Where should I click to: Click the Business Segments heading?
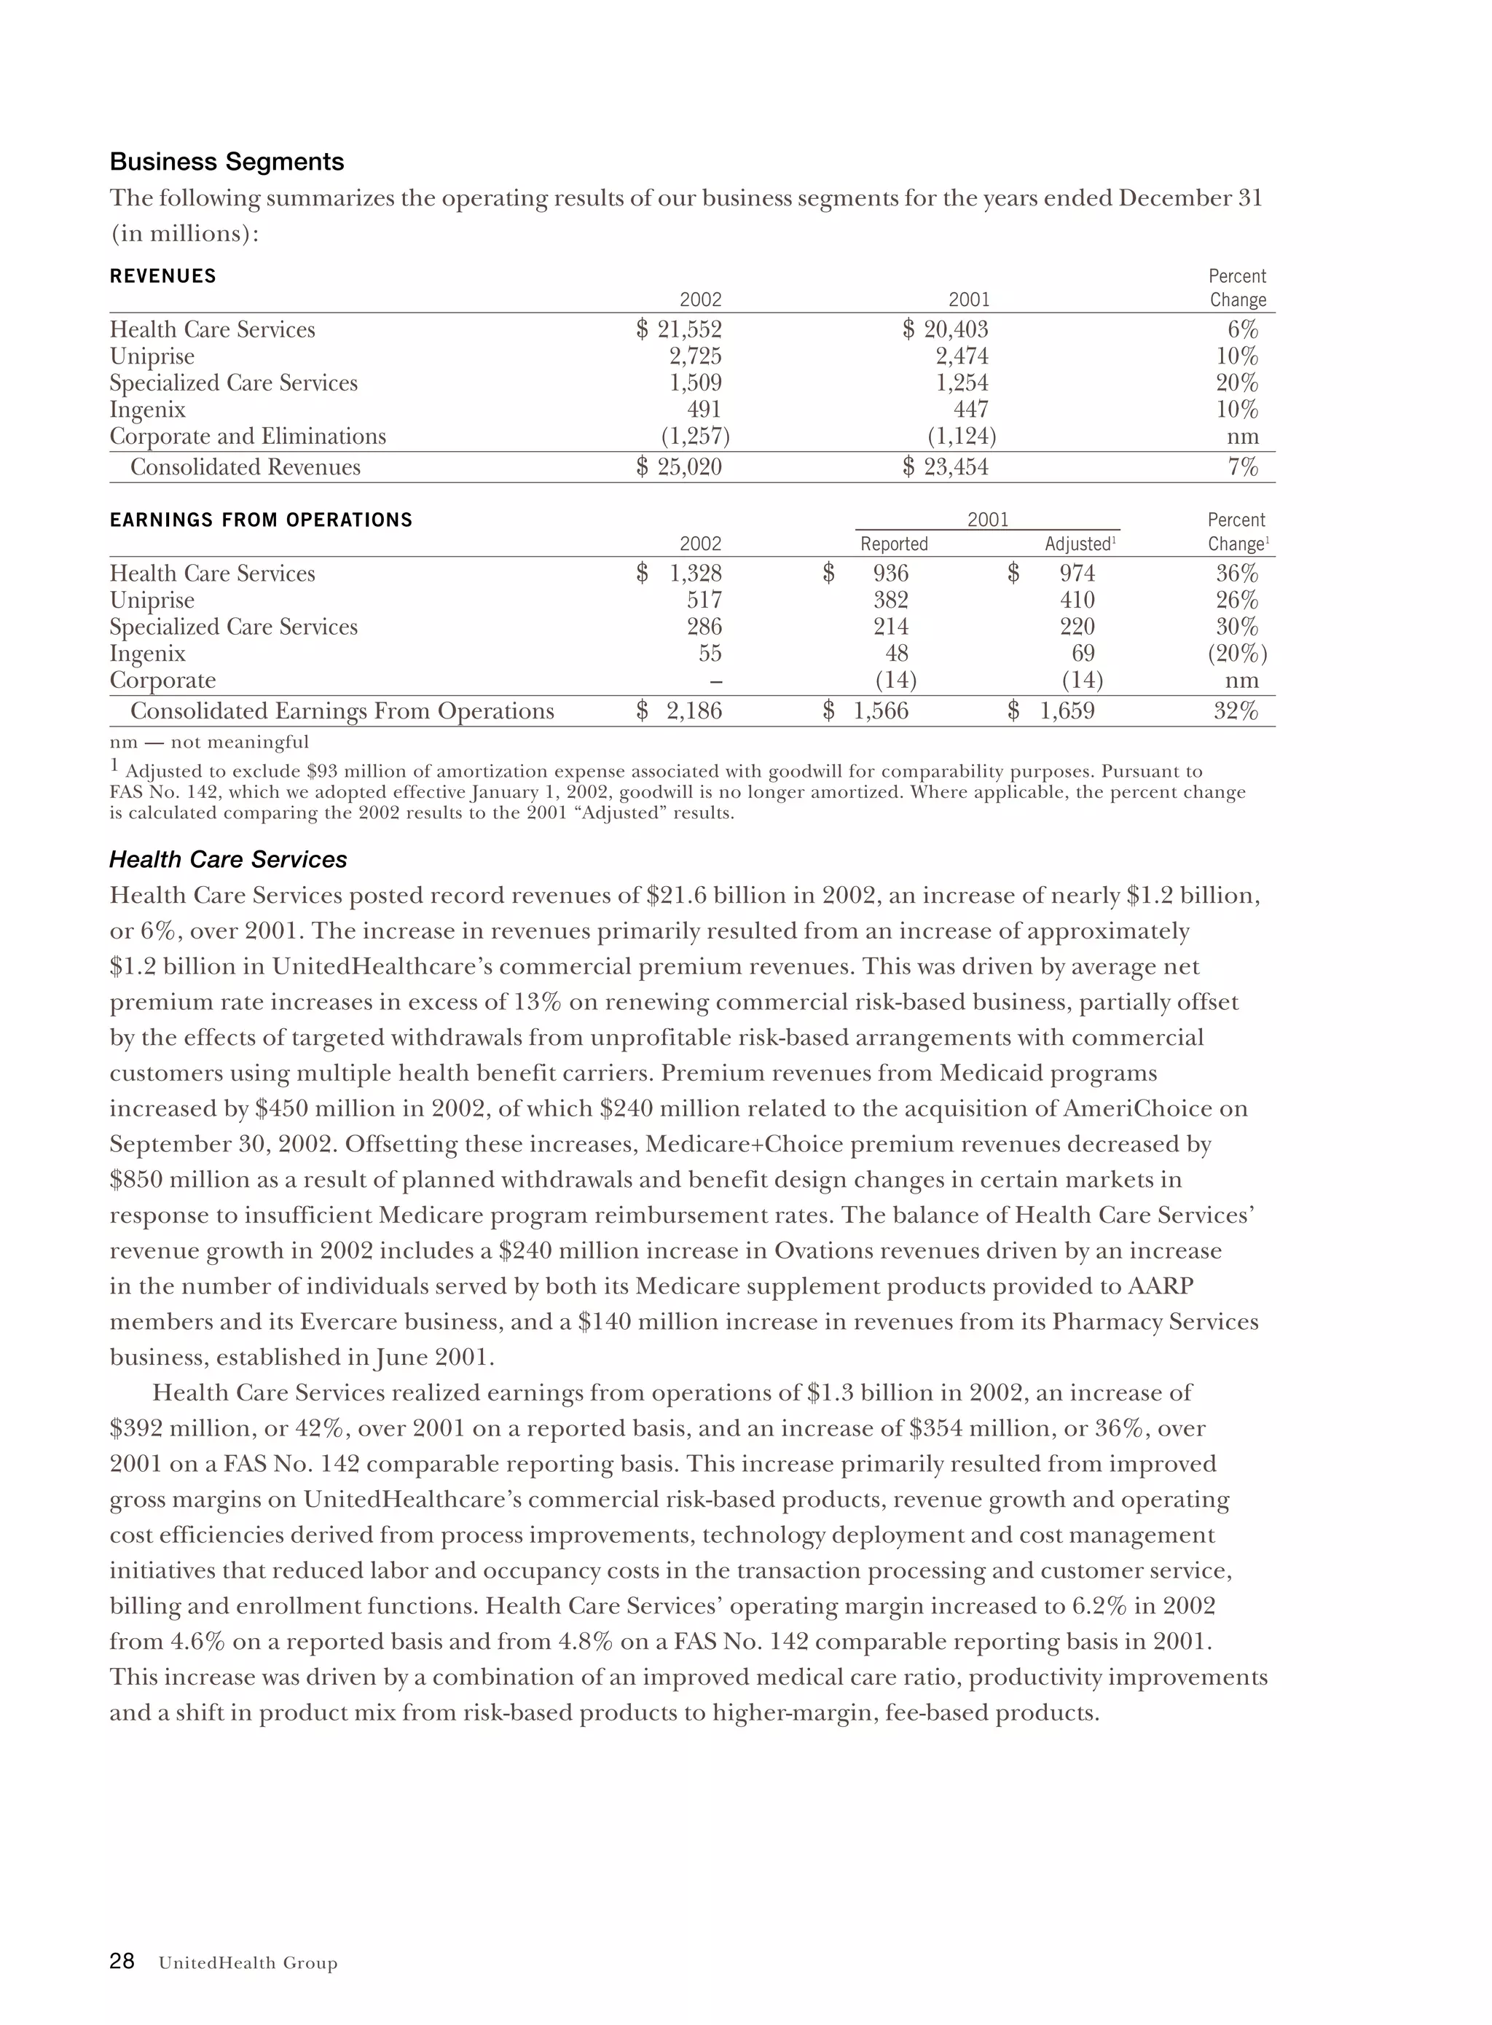click(x=227, y=162)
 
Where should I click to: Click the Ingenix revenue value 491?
click(x=704, y=410)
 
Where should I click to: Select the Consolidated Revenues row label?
click(x=245, y=467)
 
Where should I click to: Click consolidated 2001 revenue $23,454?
click(x=946, y=467)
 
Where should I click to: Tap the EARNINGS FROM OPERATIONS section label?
click(x=261, y=520)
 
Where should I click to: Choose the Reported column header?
click(x=893, y=544)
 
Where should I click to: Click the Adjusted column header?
click(x=1078, y=544)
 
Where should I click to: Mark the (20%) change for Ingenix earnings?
click(x=1237, y=653)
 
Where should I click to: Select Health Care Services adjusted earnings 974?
click(x=1077, y=573)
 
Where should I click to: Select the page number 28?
click(x=122, y=1961)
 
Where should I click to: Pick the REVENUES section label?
click(x=162, y=276)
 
